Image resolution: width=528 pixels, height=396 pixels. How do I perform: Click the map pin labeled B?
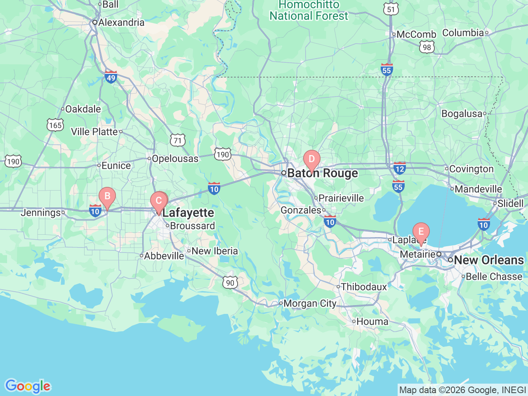[x=107, y=196]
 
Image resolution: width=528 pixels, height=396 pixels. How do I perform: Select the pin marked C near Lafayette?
[x=158, y=201]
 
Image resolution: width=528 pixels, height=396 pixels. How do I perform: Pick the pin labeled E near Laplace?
[x=421, y=232]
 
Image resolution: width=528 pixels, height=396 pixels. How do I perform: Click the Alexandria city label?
[x=121, y=22]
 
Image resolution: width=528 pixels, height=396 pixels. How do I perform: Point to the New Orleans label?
[x=489, y=260]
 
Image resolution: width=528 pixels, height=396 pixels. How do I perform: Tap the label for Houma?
[x=372, y=321]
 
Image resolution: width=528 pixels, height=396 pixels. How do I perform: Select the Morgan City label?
[x=310, y=304]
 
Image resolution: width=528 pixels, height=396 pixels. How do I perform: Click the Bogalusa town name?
[x=462, y=113]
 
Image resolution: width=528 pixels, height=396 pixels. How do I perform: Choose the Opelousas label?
[x=175, y=158]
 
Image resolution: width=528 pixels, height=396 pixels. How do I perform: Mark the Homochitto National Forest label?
[x=309, y=11]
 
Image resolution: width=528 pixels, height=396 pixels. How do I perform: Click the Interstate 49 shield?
[x=111, y=77]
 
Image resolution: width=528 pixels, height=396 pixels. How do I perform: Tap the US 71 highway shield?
[x=177, y=140]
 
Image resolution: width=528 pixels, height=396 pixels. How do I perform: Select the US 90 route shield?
[x=230, y=283]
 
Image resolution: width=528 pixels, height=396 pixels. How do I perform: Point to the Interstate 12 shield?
[x=399, y=168]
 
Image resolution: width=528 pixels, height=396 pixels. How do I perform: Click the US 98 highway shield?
[x=427, y=47]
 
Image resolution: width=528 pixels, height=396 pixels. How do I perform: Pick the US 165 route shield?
[x=55, y=125]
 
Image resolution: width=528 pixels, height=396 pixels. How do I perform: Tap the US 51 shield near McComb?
[x=391, y=9]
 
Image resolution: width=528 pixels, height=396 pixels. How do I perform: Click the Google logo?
[x=27, y=386]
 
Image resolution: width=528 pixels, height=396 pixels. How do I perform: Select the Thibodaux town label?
[x=364, y=287]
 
